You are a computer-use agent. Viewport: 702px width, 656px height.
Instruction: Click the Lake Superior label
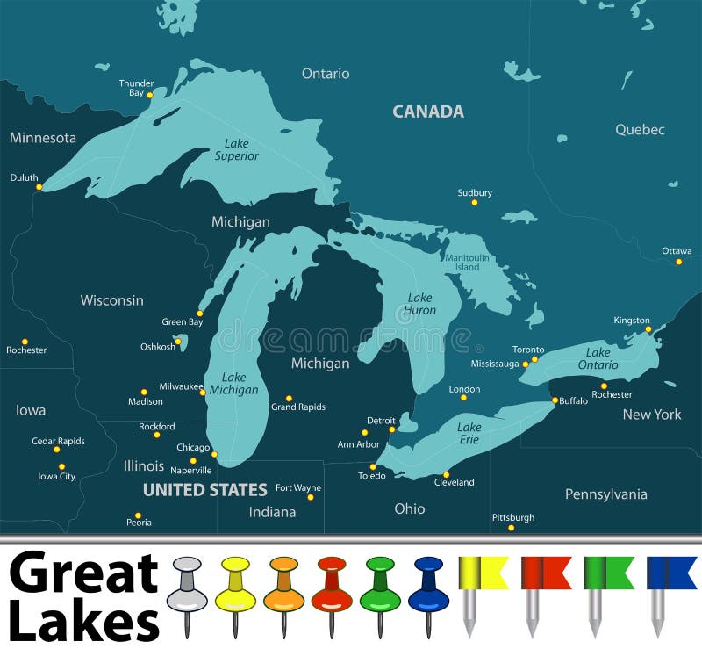click(x=237, y=149)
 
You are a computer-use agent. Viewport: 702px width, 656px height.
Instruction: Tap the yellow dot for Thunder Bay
click(x=150, y=95)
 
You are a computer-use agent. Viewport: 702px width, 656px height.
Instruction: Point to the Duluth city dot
click(x=39, y=186)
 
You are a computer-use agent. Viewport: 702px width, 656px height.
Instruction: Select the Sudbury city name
click(x=475, y=192)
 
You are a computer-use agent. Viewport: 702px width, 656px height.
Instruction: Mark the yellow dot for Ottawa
click(x=678, y=261)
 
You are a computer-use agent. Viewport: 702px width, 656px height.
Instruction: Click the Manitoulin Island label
click(x=468, y=262)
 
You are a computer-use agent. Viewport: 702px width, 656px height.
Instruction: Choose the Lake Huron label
click(x=420, y=304)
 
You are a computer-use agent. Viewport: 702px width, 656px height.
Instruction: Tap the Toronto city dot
click(x=534, y=358)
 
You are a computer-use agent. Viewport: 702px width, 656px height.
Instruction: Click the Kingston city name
click(x=632, y=320)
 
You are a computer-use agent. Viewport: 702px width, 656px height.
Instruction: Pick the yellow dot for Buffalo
click(x=555, y=400)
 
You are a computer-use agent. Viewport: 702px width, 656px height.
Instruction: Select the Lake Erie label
click(x=469, y=433)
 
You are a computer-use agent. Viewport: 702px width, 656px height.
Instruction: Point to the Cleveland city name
click(x=455, y=482)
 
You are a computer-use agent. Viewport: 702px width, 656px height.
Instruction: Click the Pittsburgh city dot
click(x=512, y=527)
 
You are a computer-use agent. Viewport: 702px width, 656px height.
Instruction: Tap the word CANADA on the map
click(x=428, y=112)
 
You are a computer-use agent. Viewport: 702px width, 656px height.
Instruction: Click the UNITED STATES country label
click(x=205, y=490)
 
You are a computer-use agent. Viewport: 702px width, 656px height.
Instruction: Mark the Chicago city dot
click(x=214, y=454)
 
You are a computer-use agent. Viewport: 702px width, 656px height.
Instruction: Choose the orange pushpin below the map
click(x=283, y=584)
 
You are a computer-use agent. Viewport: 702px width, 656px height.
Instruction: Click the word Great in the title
click(x=84, y=574)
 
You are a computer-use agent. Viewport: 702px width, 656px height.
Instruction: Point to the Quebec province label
click(x=640, y=130)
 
